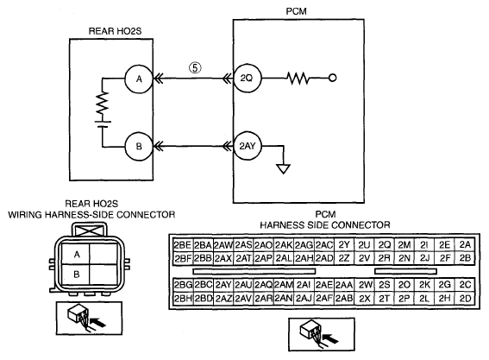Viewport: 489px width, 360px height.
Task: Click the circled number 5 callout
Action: click(x=195, y=67)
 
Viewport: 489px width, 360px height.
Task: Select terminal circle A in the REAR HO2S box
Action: click(x=139, y=79)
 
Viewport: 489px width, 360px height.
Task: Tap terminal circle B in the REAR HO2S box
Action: click(x=139, y=146)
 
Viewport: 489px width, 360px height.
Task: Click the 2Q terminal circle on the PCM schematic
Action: click(x=247, y=78)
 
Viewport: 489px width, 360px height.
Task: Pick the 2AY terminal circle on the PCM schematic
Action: click(x=247, y=146)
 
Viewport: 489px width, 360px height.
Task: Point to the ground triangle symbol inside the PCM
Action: click(x=284, y=169)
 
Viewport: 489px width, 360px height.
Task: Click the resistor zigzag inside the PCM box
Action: click(x=298, y=78)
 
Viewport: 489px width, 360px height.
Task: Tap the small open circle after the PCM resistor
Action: click(x=332, y=78)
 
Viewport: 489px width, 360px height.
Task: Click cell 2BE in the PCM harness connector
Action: click(x=183, y=245)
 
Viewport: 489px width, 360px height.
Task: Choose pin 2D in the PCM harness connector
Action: click(x=465, y=299)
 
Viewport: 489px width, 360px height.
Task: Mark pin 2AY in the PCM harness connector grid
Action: click(x=223, y=285)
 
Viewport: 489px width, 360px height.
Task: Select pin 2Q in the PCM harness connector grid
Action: click(x=385, y=245)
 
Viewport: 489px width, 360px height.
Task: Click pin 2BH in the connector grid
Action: click(x=183, y=299)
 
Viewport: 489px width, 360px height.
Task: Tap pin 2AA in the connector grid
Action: click(x=344, y=285)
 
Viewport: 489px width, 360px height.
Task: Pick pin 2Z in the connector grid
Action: click(x=344, y=258)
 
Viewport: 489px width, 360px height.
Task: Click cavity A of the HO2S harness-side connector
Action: click(x=76, y=254)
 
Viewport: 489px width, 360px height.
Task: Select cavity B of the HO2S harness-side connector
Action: click(x=76, y=275)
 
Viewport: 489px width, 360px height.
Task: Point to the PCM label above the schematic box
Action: click(x=297, y=11)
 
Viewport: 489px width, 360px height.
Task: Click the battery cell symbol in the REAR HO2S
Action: click(x=103, y=124)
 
